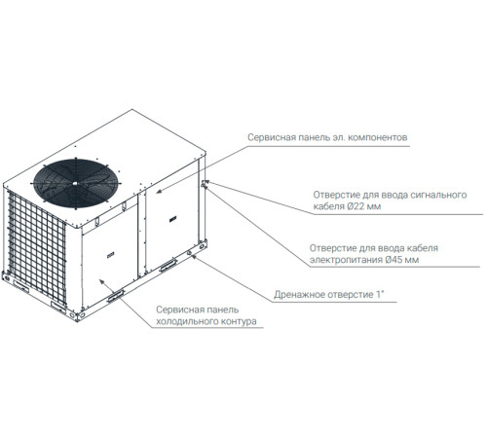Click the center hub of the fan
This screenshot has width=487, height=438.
click(x=75, y=183)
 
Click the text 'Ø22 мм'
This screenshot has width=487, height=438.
click(x=363, y=206)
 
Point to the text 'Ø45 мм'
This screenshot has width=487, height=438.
click(x=402, y=260)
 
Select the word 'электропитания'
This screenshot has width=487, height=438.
click(x=346, y=260)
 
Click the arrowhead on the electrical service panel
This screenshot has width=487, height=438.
click(x=158, y=192)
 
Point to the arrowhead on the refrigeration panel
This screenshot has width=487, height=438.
click(x=102, y=281)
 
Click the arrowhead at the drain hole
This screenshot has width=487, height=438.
click(x=194, y=256)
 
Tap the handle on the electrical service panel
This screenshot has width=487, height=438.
click(x=171, y=220)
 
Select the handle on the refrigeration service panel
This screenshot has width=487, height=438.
click(x=110, y=256)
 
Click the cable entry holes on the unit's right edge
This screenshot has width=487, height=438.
click(x=203, y=185)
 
